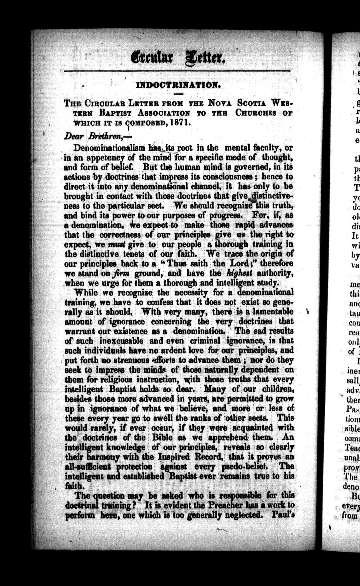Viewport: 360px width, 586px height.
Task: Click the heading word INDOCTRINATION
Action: [x=178, y=85]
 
